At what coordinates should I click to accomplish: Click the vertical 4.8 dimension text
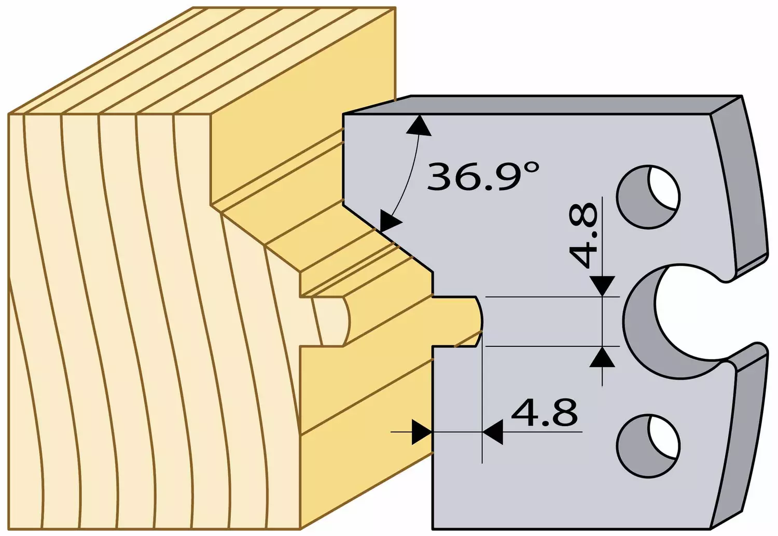[584, 236]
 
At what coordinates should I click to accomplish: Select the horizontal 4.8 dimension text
[544, 413]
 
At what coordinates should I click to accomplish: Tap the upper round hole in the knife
[648, 197]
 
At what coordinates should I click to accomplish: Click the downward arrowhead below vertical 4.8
[602, 286]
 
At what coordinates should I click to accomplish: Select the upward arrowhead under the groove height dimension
[602, 357]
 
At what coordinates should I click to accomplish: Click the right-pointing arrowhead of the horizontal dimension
[422, 432]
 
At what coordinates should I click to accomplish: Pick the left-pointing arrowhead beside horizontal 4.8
[493, 432]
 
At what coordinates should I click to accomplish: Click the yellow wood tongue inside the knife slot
[455, 321]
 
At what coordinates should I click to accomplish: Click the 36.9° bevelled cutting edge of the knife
[388, 239]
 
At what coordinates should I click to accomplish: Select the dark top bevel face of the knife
[542, 105]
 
